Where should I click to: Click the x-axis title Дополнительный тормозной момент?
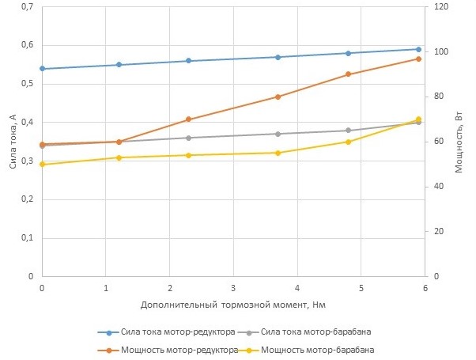pyautogui.click(x=233, y=304)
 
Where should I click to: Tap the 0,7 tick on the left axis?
pyautogui.click(x=27, y=7)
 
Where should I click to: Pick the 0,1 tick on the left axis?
pyautogui.click(x=27, y=238)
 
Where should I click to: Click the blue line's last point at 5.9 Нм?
pyautogui.click(x=418, y=49)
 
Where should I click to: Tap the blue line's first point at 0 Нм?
pyautogui.click(x=42, y=69)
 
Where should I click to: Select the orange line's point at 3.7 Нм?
pyautogui.click(x=278, y=97)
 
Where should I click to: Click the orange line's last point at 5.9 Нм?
pyautogui.click(x=418, y=59)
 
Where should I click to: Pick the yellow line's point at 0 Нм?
pyautogui.click(x=42, y=165)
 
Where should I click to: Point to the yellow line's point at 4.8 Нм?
pyautogui.click(x=348, y=142)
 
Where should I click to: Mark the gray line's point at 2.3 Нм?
pyautogui.click(x=188, y=138)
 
